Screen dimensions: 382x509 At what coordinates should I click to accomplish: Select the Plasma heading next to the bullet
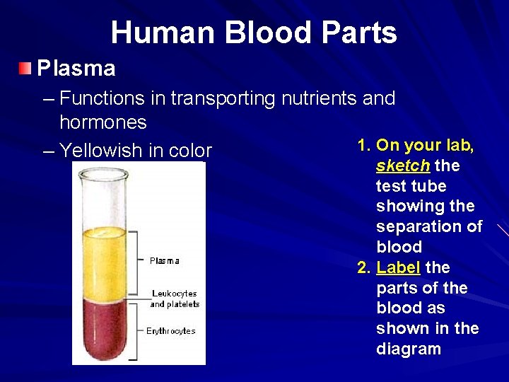tap(76, 69)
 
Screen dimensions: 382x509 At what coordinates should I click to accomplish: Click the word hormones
tap(103, 122)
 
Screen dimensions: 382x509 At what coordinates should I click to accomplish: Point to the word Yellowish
tap(106, 151)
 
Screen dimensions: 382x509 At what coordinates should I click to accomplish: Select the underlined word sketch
tap(403, 166)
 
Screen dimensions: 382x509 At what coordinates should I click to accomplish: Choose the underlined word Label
tap(399, 267)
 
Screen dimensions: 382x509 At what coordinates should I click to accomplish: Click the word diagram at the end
tap(409, 349)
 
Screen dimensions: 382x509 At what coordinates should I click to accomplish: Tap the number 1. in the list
tap(364, 146)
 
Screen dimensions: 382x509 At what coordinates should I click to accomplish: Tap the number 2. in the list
tap(364, 267)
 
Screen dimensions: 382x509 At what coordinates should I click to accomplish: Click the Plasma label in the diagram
tap(165, 261)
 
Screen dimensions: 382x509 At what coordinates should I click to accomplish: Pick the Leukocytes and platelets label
tap(175, 299)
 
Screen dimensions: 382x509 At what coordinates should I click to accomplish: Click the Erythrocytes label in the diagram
tap(170, 331)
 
